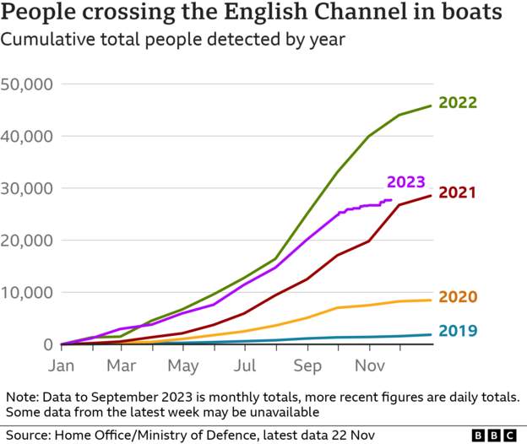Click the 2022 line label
coord(459,103)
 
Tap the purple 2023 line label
coord(405,181)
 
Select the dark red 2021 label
coord(459,192)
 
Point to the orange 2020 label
coord(459,296)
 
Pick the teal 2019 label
coord(459,331)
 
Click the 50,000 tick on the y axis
coord(28,84)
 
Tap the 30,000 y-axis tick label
coord(28,188)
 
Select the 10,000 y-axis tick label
coord(28,293)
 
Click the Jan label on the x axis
coord(62,366)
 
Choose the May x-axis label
coord(183,366)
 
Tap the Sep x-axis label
coord(308,366)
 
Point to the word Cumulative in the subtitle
coord(45,40)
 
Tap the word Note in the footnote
coord(21,397)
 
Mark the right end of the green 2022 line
coord(432,106)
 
